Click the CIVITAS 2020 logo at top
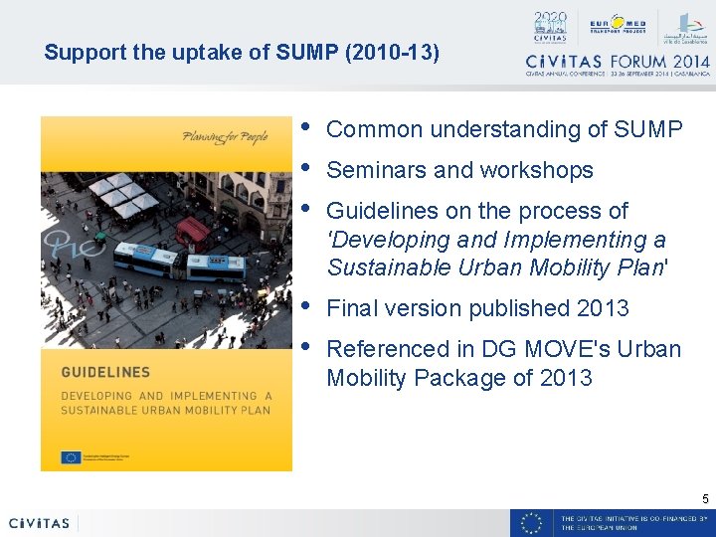click(x=549, y=27)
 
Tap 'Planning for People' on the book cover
click(x=225, y=137)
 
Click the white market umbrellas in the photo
click(x=121, y=194)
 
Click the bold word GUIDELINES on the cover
click(x=105, y=373)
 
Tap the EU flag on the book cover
click(x=70, y=457)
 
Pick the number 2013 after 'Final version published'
click(x=603, y=308)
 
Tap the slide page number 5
click(x=705, y=498)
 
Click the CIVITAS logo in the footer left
click(x=39, y=523)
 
